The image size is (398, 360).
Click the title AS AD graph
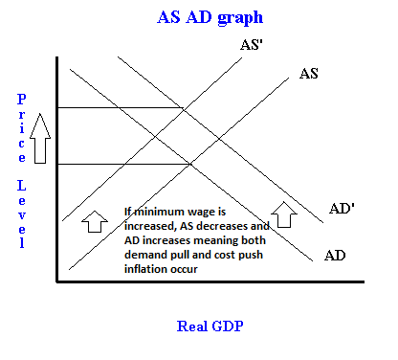pyautogui.click(x=210, y=17)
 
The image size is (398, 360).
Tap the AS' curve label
pyautogui.click(x=252, y=45)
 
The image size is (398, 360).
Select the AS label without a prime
pyautogui.click(x=309, y=74)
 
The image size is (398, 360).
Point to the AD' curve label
pyautogui.click(x=342, y=209)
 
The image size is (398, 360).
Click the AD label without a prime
pyautogui.click(x=335, y=256)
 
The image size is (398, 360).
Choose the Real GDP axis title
pyautogui.click(x=210, y=326)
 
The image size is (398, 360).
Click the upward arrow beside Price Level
pyautogui.click(x=40, y=138)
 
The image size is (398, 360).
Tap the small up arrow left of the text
pyautogui.click(x=95, y=221)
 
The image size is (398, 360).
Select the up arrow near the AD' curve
pyautogui.click(x=284, y=214)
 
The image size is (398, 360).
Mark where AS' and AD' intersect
pyautogui.click(x=184, y=109)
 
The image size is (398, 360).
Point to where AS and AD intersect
pyautogui.click(x=190, y=164)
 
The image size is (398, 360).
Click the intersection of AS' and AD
pyautogui.click(x=155, y=137)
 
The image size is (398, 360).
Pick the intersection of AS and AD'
pyautogui.click(x=219, y=139)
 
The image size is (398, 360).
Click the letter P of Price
pyautogui.click(x=21, y=100)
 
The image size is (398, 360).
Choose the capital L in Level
pyautogui.click(x=21, y=186)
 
